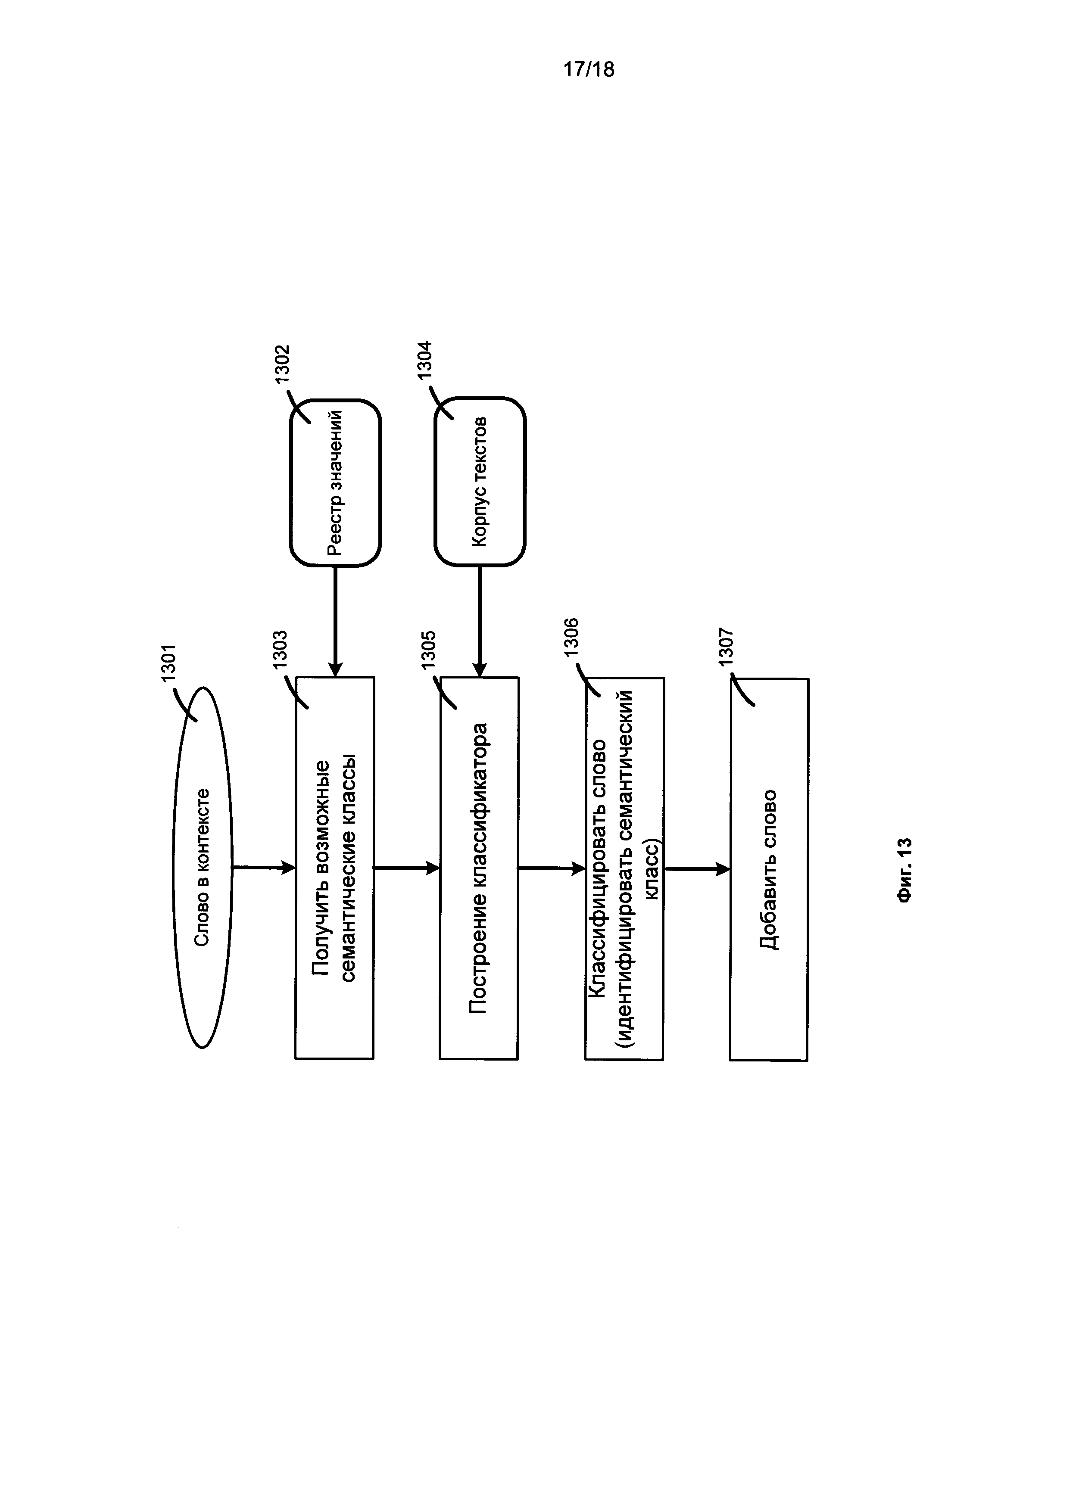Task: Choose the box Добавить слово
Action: pyautogui.click(x=769, y=869)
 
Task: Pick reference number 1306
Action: pyautogui.click(x=571, y=637)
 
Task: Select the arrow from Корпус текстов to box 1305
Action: pyautogui.click(x=480, y=621)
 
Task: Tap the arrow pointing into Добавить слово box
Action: pyautogui.click(x=696, y=868)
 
